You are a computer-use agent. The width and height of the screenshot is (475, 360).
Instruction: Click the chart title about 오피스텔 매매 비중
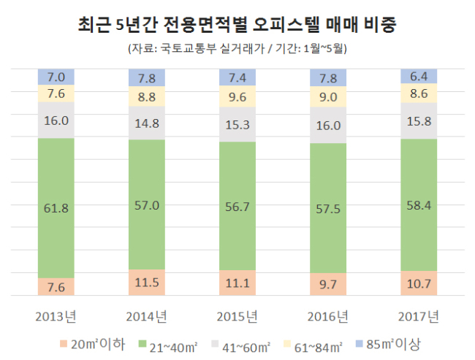(x=237, y=24)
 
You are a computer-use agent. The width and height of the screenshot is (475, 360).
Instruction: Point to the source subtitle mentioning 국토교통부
(x=237, y=48)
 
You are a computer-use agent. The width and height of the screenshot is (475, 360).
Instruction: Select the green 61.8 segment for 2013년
(x=56, y=208)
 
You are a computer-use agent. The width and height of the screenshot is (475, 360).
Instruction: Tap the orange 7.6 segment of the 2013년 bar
(x=56, y=286)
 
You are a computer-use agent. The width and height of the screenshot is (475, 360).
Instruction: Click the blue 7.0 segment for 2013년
(x=56, y=77)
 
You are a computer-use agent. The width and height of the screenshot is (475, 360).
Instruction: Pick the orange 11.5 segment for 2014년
(x=147, y=282)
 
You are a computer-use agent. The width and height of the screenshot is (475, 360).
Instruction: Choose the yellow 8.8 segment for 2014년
(x=147, y=96)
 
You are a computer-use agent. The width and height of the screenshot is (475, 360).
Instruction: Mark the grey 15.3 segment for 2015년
(x=237, y=124)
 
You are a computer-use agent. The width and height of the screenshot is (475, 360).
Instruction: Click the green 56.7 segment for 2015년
(x=237, y=206)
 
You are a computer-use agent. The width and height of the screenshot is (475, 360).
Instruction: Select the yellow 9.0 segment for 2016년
(x=328, y=96)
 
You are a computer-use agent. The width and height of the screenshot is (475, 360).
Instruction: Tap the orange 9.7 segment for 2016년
(x=328, y=284)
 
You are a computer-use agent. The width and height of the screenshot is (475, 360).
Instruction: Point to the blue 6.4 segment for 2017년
(x=419, y=76)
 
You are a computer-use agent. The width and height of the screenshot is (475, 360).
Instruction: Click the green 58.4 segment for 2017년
(x=419, y=205)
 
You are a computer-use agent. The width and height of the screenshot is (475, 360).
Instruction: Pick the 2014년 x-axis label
(x=147, y=317)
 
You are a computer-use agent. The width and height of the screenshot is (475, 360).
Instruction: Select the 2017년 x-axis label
(x=419, y=317)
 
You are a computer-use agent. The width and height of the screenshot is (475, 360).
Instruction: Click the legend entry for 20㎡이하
(x=92, y=345)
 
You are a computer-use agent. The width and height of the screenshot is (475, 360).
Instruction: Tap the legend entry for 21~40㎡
(x=168, y=347)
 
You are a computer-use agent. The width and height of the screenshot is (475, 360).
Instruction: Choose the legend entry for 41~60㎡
(x=240, y=347)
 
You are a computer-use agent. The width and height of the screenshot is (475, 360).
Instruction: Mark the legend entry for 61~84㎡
(x=313, y=347)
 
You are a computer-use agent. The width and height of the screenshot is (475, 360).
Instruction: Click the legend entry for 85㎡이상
(x=388, y=345)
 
